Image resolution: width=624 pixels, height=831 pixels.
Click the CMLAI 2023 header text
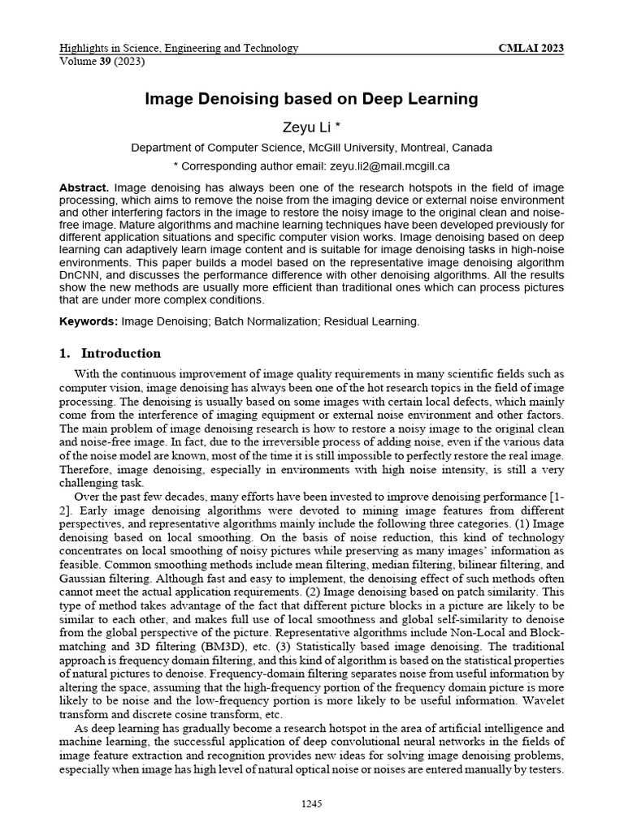[x=531, y=49]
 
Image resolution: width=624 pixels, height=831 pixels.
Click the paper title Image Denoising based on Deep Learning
[x=311, y=99]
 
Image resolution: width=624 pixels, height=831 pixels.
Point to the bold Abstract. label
[x=84, y=187]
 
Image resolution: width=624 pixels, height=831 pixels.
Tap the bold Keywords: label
[x=89, y=321]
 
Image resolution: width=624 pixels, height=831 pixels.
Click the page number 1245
[x=311, y=803]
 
